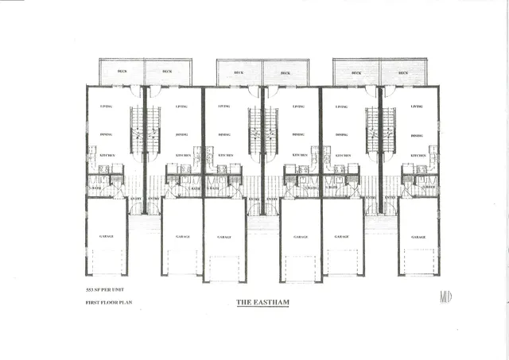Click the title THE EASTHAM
pyautogui.click(x=261, y=303)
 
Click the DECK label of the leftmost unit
pyautogui.click(x=122, y=72)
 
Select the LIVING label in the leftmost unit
pyautogui.click(x=106, y=106)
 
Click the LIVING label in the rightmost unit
pyautogui.click(x=417, y=106)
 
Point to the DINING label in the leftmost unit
pyautogui.click(x=106, y=135)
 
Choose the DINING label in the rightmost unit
pyautogui.click(x=417, y=136)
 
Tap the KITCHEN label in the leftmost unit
pyautogui.click(x=108, y=155)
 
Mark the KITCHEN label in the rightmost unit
pyautogui.click(x=418, y=155)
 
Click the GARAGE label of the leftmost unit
pyautogui.click(x=107, y=236)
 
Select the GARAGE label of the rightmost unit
pyautogui.click(x=418, y=237)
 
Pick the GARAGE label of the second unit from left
pyautogui.click(x=182, y=237)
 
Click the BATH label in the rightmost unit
pyautogui.click(x=429, y=188)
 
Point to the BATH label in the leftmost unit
pyautogui.click(x=95, y=188)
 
